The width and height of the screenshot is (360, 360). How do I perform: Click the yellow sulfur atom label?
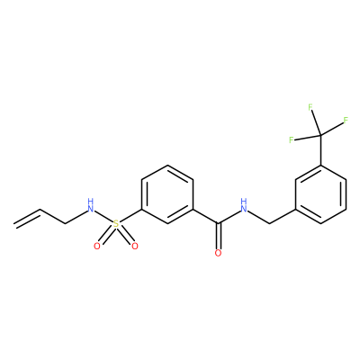(116, 224)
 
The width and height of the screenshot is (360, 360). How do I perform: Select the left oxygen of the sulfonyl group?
(96, 247)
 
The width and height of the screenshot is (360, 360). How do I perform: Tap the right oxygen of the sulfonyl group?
(135, 247)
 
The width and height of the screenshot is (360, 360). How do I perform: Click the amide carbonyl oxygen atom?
(218, 253)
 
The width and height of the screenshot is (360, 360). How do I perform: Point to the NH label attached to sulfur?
(90, 205)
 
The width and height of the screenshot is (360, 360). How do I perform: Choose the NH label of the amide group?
(244, 205)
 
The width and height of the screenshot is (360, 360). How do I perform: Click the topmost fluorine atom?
(310, 107)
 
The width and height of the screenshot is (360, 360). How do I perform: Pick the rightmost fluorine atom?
(346, 121)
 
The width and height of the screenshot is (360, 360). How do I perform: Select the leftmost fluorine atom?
(291, 139)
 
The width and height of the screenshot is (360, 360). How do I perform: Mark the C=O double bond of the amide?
(219, 236)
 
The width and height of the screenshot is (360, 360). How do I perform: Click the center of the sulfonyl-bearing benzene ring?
(167, 194)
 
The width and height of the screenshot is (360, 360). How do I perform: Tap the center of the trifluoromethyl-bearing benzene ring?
(321, 194)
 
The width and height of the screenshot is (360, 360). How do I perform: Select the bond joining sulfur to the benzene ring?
(130, 216)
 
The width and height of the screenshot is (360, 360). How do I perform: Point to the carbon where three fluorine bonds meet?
(321, 135)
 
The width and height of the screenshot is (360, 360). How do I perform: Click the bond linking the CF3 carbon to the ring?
(321, 150)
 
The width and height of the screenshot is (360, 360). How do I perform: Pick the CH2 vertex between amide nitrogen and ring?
(270, 223)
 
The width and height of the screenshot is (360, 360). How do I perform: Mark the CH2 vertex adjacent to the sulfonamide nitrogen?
(65, 223)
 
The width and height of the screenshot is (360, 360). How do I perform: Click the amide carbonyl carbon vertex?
(219, 223)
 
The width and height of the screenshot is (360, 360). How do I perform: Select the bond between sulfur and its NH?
(103, 217)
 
